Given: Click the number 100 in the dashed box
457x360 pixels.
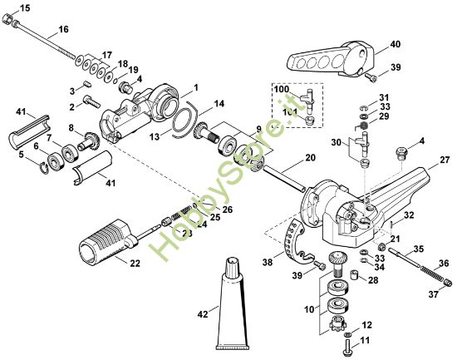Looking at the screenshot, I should [x=281, y=88].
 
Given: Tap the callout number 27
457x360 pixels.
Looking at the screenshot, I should [x=445, y=158].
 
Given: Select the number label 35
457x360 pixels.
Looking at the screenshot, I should [x=419, y=249].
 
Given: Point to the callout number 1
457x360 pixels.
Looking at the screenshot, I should [x=195, y=86].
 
